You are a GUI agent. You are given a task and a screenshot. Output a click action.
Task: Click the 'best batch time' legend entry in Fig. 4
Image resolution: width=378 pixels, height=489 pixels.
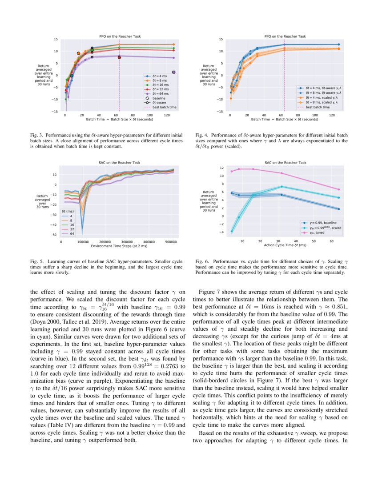318,107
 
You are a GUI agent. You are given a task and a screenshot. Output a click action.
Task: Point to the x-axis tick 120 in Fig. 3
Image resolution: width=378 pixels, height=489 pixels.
166,115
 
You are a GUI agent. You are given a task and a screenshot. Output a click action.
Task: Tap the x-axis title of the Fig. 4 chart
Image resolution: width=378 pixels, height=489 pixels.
285,119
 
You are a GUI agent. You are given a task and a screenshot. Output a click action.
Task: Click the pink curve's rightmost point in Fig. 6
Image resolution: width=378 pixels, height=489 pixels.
338,189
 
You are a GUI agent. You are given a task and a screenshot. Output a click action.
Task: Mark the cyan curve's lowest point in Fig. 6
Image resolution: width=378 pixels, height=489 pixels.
232,231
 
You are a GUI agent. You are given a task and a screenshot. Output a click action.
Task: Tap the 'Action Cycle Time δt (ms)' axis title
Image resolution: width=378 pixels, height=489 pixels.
285,245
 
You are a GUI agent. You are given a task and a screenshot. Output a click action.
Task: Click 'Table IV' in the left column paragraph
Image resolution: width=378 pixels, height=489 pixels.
60,411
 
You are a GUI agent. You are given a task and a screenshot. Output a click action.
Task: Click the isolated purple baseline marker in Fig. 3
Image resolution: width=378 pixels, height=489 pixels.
174,72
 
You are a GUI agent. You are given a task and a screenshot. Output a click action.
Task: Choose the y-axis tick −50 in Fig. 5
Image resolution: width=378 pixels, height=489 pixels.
54,235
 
